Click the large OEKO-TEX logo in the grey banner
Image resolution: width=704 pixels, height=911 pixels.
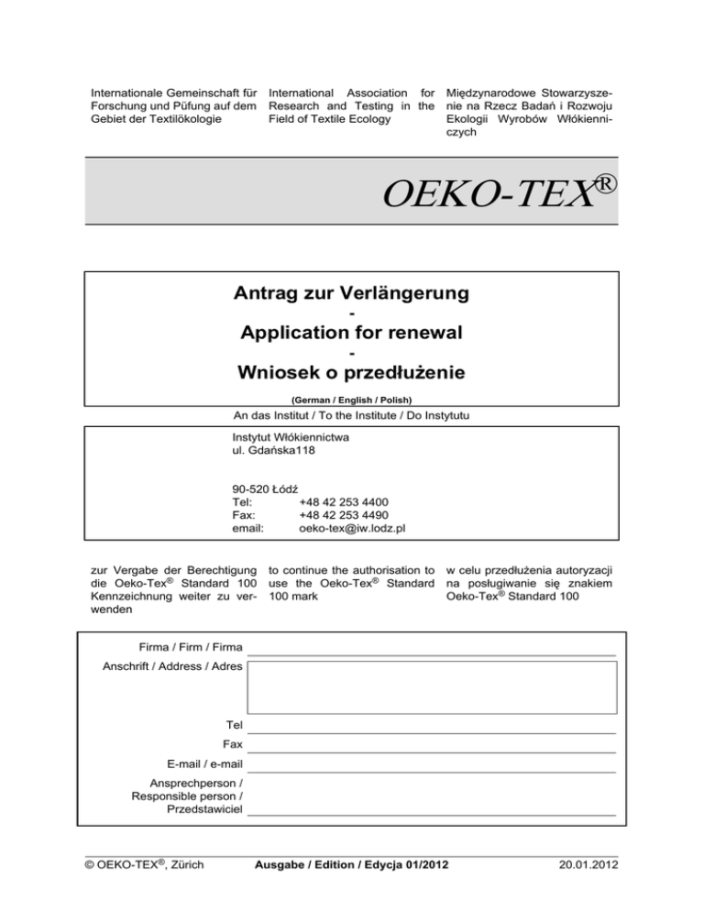[x=499, y=192]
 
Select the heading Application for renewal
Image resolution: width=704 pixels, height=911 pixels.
[x=351, y=334]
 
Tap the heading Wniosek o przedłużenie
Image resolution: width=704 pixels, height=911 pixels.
[x=351, y=373]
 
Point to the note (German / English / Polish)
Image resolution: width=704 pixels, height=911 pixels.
[x=351, y=400]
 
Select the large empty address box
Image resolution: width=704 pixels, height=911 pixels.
[x=431, y=687]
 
